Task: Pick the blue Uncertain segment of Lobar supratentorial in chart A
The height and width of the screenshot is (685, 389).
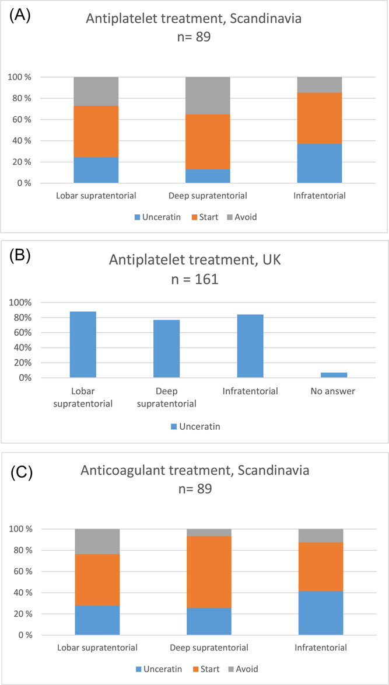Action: (96, 170)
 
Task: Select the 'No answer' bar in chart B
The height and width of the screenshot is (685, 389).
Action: (334, 375)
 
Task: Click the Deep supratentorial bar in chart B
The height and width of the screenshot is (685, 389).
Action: (167, 349)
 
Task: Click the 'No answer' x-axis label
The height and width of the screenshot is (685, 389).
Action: (334, 391)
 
